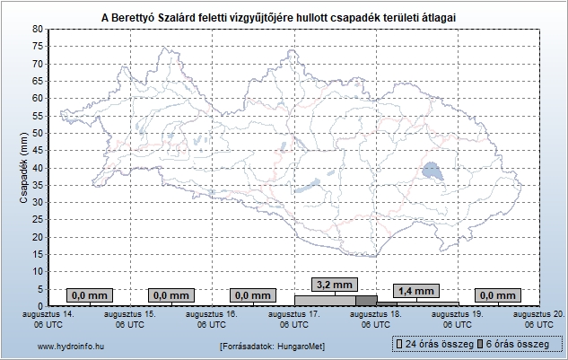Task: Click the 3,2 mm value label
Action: click(x=335, y=285)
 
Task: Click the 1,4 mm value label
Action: click(x=416, y=291)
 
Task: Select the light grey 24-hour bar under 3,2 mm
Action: click(x=325, y=301)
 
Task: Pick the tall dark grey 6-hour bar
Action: click(x=366, y=301)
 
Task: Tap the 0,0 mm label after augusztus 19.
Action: click(x=498, y=295)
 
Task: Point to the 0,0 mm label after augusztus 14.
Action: click(x=90, y=295)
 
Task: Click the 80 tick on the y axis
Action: click(x=38, y=29)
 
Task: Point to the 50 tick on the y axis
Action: click(x=38, y=133)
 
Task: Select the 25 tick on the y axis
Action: click(x=38, y=220)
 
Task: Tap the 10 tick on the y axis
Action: click(x=38, y=271)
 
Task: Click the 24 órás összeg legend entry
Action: click(x=435, y=344)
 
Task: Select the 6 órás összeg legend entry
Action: click(x=513, y=344)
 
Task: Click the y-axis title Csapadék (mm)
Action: click(x=24, y=168)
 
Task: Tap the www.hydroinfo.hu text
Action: click(x=71, y=347)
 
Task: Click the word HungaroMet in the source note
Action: click(x=300, y=347)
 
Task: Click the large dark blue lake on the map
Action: click(x=433, y=171)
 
